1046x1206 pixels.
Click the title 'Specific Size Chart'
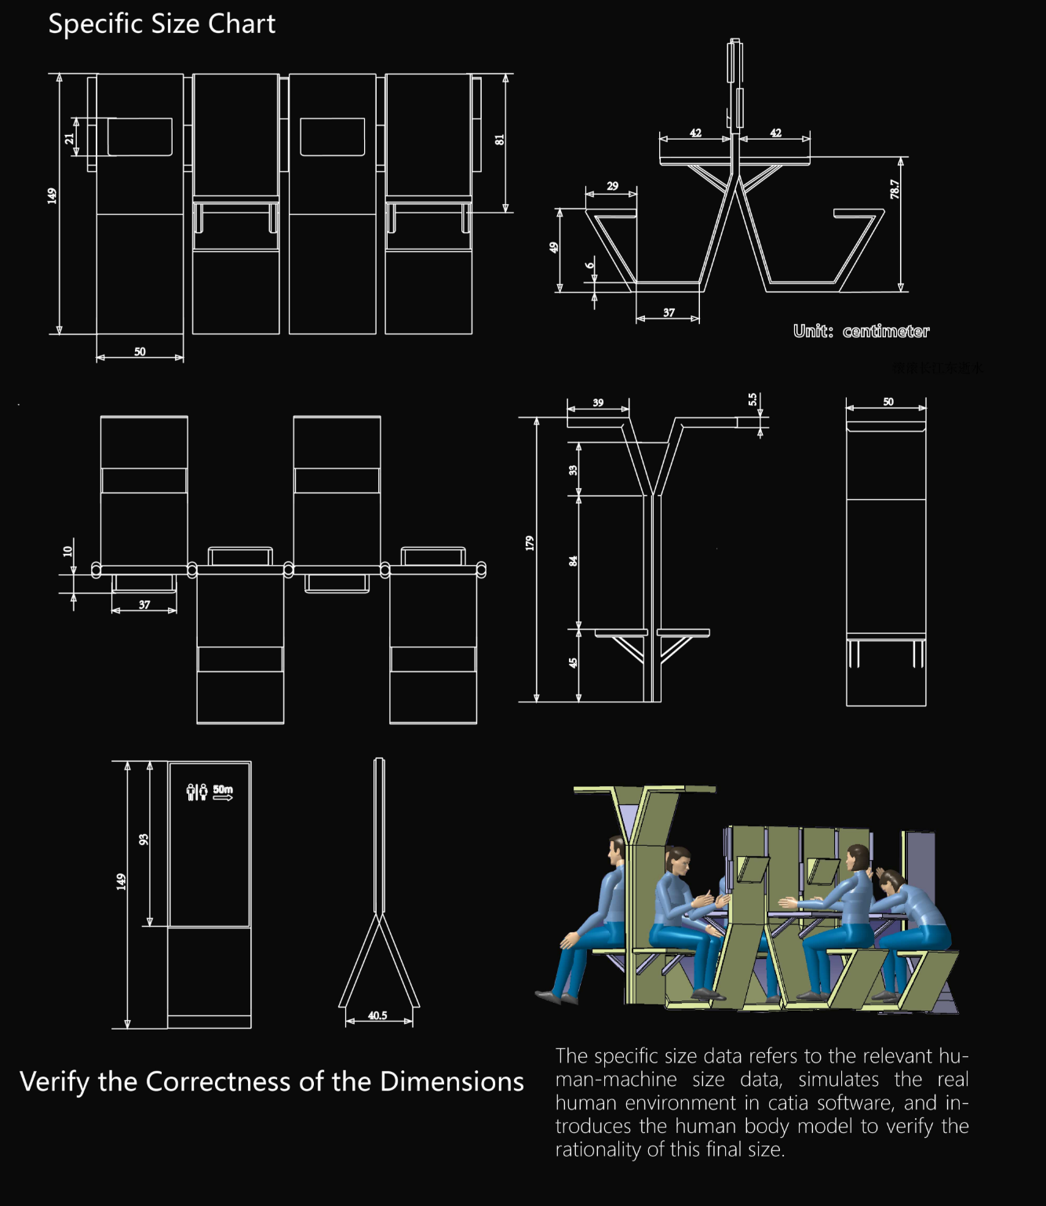162,24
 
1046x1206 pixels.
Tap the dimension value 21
69,138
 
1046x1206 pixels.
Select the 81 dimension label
499,140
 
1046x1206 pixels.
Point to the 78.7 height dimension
894,189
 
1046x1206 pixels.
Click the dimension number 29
612,186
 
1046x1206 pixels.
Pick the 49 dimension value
553,247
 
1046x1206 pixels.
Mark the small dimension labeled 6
590,265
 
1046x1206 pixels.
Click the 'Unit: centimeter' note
861,331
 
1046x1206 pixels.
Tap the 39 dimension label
598,403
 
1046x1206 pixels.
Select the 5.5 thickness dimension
753,399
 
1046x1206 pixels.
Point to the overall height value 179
529,543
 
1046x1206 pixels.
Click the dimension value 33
573,470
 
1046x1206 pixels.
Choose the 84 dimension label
573,561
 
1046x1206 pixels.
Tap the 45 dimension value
573,663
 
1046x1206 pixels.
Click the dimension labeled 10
67,551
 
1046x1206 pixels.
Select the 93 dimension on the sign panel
143,840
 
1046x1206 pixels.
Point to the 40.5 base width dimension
377,1015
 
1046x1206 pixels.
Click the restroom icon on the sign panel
197,792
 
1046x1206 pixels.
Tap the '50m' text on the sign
223,789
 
